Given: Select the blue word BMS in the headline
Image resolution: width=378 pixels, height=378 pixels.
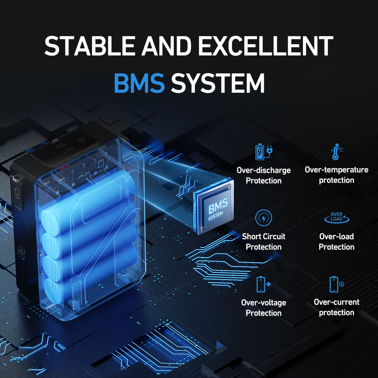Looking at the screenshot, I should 139,83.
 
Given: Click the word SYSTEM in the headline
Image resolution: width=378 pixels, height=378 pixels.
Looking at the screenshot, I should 218,83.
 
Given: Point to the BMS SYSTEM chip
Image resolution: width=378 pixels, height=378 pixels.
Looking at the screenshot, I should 215,210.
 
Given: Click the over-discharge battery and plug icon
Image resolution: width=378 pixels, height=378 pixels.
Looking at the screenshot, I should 264,152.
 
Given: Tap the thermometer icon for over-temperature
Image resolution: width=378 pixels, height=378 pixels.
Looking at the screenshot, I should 336,152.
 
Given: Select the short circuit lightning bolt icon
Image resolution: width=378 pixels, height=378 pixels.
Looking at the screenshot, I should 263,218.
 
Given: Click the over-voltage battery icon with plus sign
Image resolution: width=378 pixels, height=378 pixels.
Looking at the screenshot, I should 263,284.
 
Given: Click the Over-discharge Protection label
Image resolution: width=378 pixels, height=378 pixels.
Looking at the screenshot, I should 263,176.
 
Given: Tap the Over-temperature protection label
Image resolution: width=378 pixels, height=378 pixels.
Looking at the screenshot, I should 337,175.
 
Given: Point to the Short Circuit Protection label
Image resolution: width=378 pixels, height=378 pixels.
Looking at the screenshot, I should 263,242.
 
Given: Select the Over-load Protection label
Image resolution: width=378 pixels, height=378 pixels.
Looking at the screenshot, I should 337,242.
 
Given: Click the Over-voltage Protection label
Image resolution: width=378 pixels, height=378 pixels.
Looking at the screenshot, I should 263,308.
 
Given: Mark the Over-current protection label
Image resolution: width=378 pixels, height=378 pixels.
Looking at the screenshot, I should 337,308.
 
